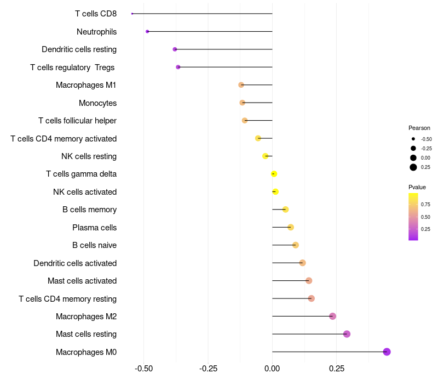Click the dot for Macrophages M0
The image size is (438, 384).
387,352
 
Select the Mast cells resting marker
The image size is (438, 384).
347,334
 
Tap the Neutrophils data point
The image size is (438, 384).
147,31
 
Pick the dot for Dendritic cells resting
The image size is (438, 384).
175,49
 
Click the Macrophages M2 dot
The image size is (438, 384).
332,316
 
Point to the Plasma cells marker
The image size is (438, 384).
291,227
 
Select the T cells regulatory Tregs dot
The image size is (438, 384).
178,67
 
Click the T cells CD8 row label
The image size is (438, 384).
96,14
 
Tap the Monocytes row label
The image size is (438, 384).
97,103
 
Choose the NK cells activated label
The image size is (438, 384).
85,192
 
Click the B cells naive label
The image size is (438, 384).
94,245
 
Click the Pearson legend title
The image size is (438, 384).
419,128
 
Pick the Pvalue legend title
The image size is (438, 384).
417,187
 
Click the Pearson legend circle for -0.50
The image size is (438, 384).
413,139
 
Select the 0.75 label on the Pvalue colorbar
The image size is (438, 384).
425,205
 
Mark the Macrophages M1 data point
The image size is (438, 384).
241,85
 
